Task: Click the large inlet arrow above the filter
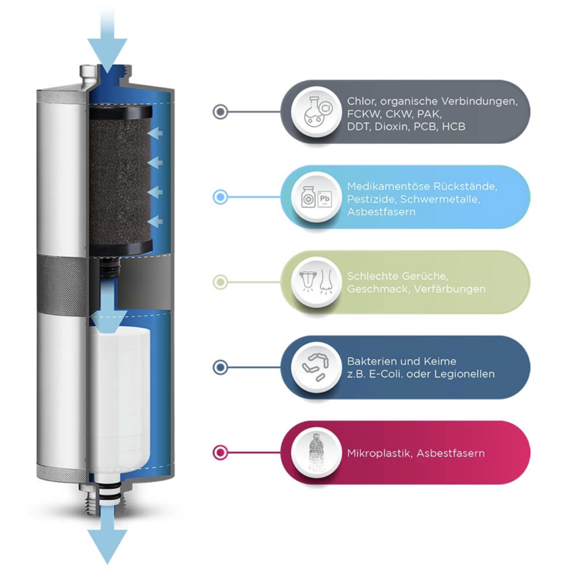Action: pos(107,41)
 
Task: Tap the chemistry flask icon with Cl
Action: pos(317,112)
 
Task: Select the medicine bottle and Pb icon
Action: pos(317,197)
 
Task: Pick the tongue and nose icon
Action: pos(317,282)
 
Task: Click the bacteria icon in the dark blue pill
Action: pos(317,367)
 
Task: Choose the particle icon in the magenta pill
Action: pos(317,452)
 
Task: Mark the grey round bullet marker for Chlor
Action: pos(221,112)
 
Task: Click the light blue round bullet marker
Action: pos(221,197)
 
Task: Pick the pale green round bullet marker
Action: pos(221,282)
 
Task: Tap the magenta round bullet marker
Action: pos(221,452)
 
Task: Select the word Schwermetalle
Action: pos(440,199)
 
